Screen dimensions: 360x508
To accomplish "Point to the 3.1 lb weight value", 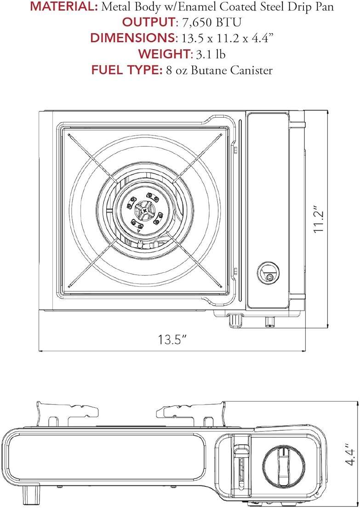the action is (211, 54).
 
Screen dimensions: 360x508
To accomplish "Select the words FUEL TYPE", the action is (126, 70).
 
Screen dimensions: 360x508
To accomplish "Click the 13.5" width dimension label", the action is (173, 340).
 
